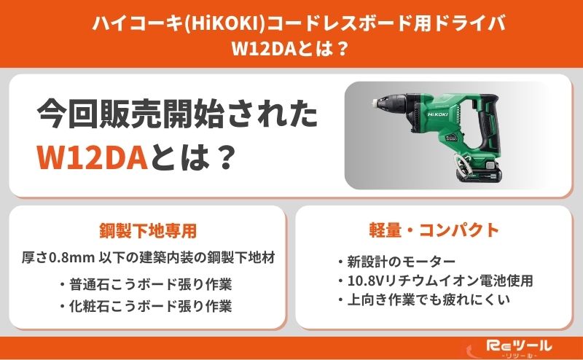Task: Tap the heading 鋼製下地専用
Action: tap(148, 230)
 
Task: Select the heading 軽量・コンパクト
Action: tap(434, 230)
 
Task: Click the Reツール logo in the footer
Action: tap(519, 346)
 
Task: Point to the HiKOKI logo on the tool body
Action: tap(438, 114)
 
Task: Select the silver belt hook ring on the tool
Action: tap(460, 165)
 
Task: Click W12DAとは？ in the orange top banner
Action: tap(290, 49)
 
